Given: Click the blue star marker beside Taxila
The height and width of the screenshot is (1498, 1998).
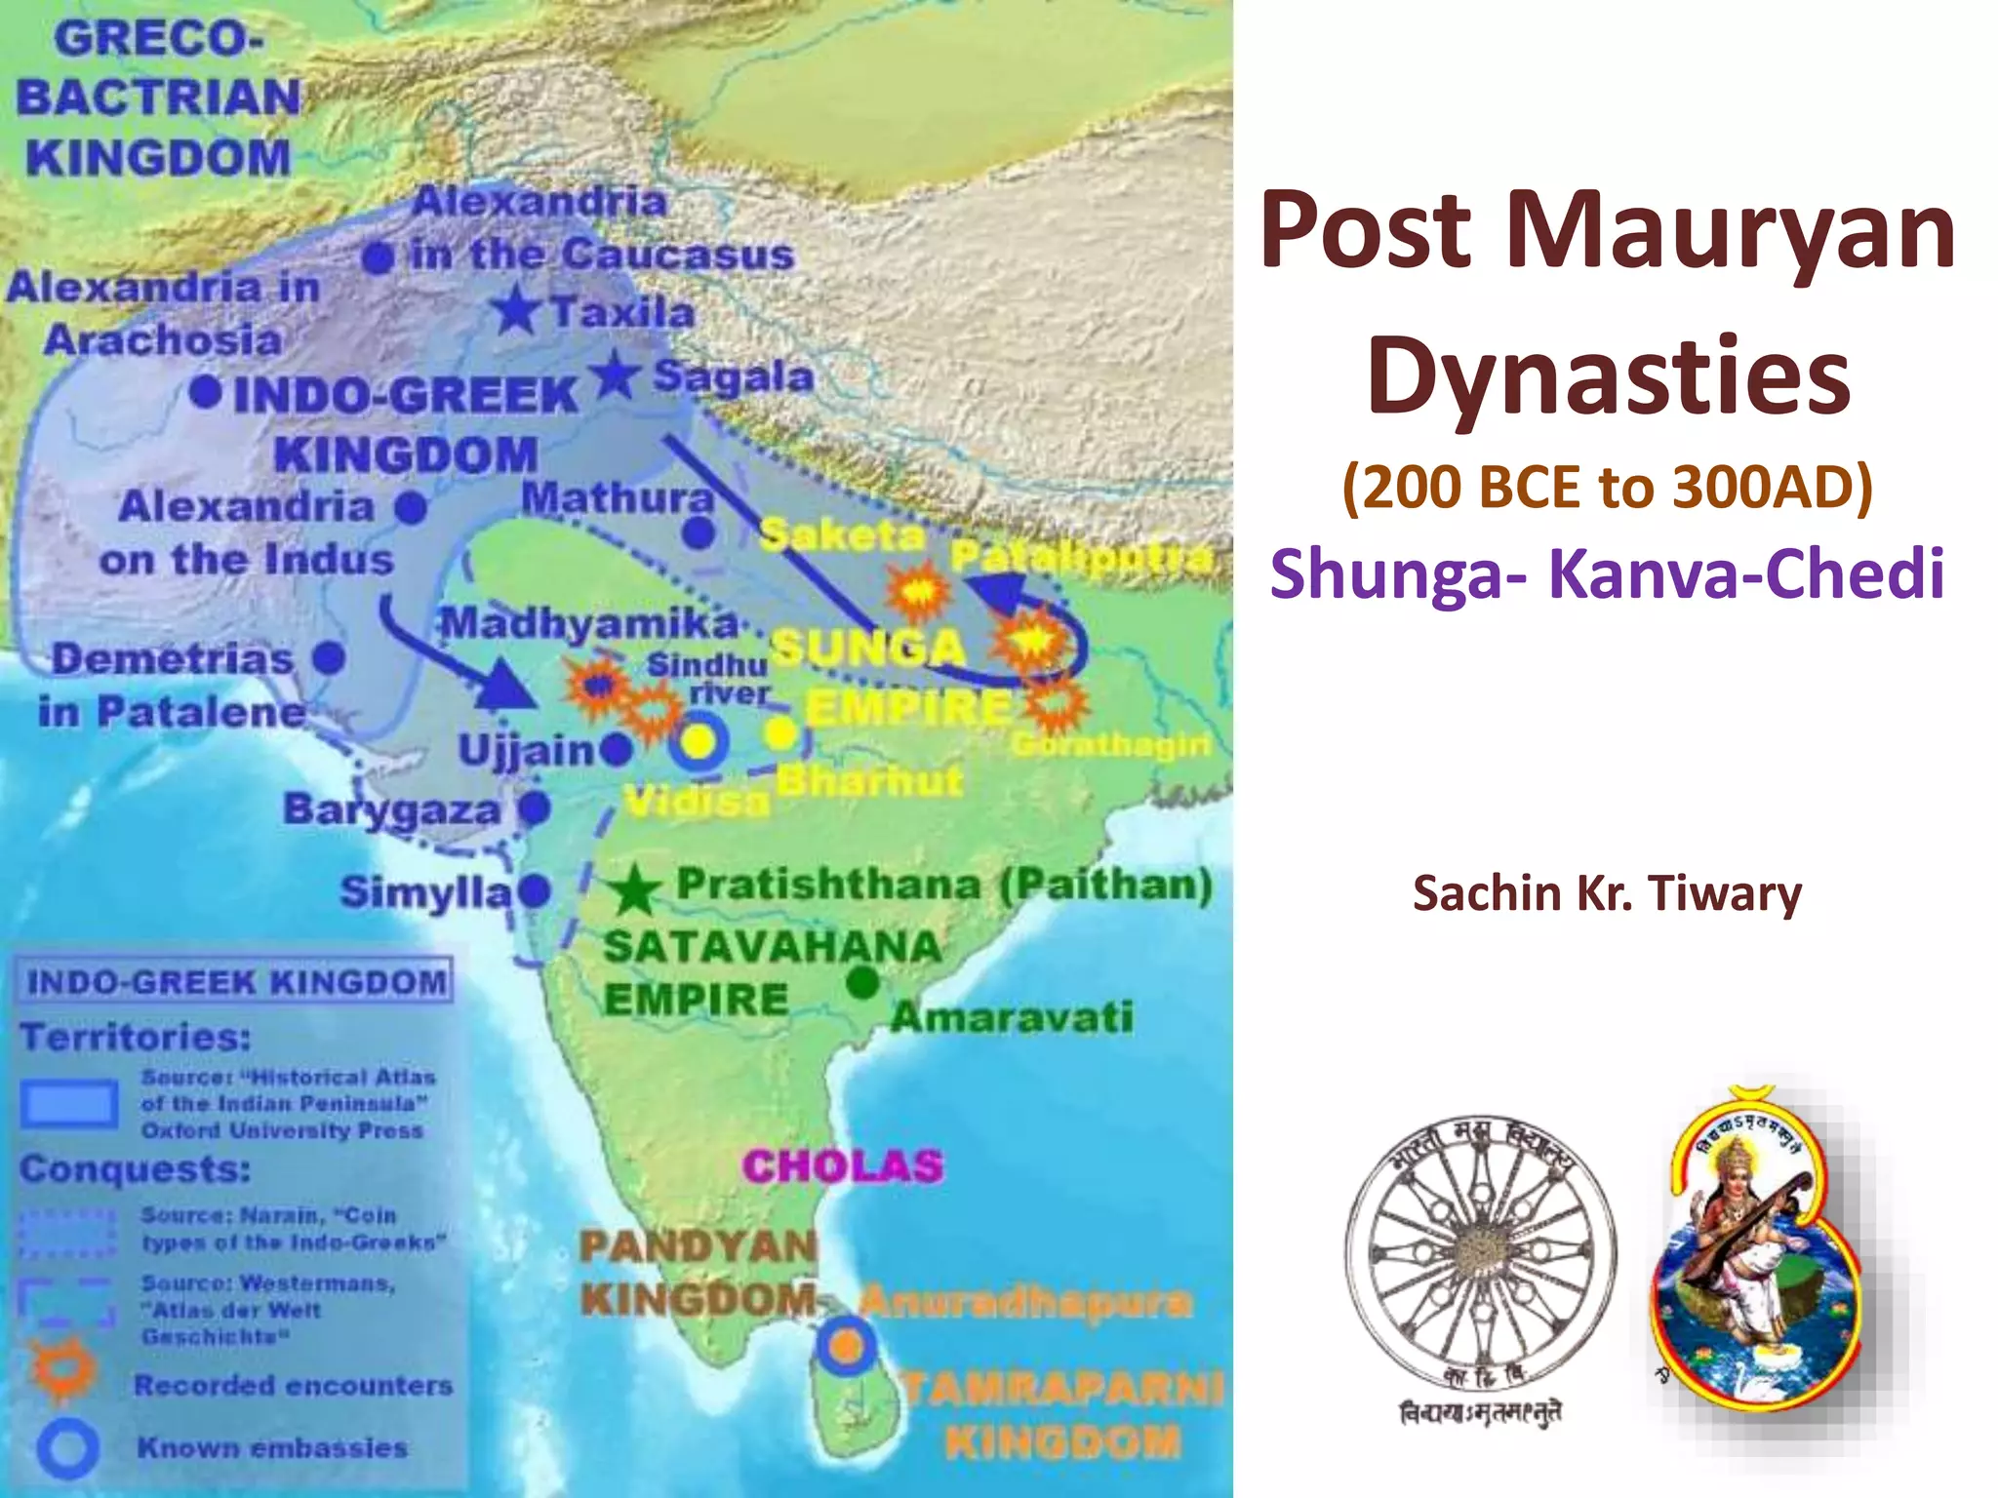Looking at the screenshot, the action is pyautogui.click(x=516, y=311).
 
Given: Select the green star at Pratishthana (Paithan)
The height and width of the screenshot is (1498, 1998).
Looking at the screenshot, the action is pyautogui.click(x=635, y=888).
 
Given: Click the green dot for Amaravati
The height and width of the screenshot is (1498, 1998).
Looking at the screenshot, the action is pyautogui.click(x=862, y=983).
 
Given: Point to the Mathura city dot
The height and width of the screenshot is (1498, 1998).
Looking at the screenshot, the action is pyautogui.click(x=698, y=533).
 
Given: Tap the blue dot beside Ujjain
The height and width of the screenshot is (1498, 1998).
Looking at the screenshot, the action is pyautogui.click(x=617, y=749).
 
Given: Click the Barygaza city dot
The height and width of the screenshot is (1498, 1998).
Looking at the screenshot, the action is pyautogui.click(x=534, y=808).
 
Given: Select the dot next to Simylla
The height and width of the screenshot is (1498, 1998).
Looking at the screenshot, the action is pyautogui.click(x=535, y=890).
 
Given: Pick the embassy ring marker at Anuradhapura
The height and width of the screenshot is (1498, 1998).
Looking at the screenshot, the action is pyautogui.click(x=846, y=1346).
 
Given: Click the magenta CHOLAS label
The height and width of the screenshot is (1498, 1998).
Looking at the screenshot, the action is pyautogui.click(x=843, y=1165).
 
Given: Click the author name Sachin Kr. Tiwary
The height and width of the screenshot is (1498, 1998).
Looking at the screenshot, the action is pyautogui.click(x=1607, y=892).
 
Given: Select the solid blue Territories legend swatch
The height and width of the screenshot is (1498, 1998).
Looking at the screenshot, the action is pyautogui.click(x=69, y=1104).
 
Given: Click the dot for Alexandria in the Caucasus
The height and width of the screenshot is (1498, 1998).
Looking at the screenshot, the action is pyautogui.click(x=378, y=258).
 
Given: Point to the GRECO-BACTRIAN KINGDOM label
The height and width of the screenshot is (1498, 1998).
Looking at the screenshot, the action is pyautogui.click(x=159, y=98).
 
